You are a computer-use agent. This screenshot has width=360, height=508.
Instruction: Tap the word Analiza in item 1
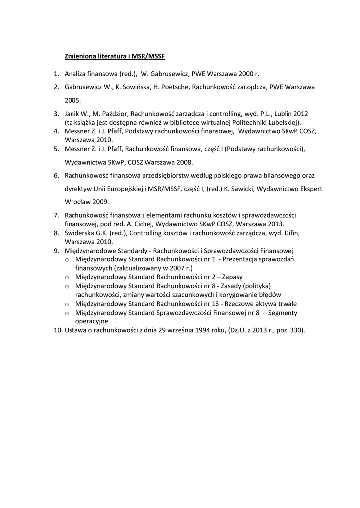pos(75,74)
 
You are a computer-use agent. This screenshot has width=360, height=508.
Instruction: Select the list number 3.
pos(56,113)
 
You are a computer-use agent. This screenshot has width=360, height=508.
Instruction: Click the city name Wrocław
pos(78,202)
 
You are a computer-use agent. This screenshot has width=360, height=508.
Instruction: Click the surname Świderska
pos(81,233)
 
